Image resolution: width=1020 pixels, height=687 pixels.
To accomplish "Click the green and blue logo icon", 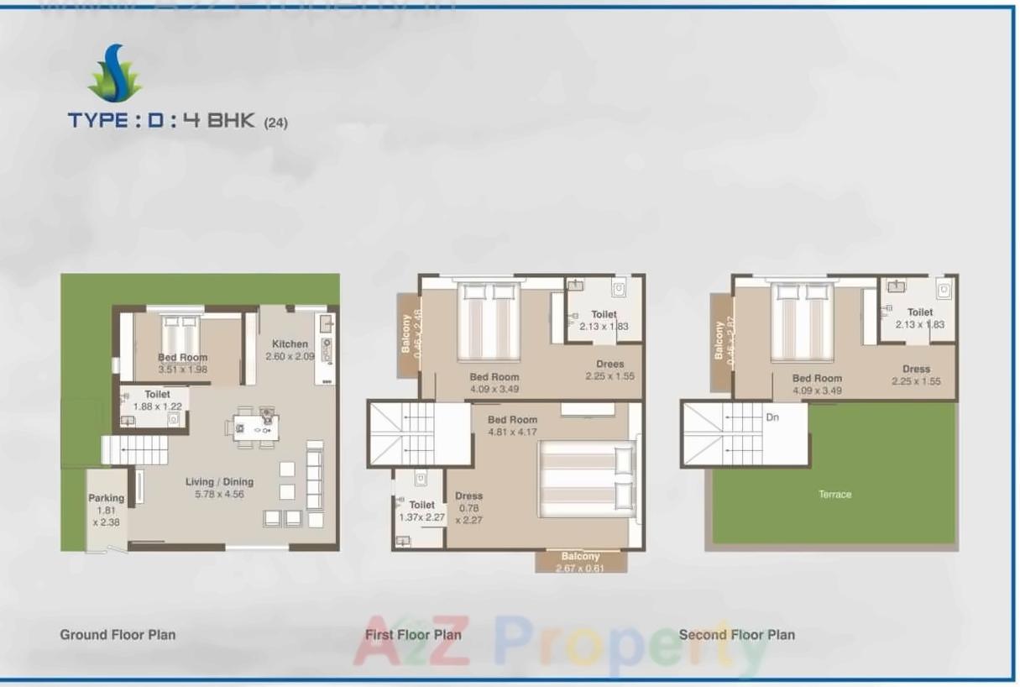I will click(115, 74).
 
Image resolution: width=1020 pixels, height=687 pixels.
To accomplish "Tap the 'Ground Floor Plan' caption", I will click(118, 635).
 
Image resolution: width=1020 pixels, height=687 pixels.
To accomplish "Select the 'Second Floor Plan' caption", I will click(736, 635).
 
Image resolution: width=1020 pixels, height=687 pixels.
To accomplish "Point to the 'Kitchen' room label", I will click(290, 343).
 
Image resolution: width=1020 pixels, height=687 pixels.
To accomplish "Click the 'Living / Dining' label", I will click(219, 482).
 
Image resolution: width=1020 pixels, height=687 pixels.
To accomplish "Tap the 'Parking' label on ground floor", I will click(106, 498).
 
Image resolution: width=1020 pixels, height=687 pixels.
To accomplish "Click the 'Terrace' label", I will click(834, 495).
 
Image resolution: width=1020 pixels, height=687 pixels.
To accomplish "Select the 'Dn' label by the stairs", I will click(772, 417).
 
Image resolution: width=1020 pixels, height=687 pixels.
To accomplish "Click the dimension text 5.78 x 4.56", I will click(219, 495).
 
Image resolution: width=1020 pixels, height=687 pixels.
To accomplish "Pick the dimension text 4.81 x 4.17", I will click(512, 433).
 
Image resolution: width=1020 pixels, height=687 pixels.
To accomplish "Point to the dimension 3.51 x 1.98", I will click(182, 370).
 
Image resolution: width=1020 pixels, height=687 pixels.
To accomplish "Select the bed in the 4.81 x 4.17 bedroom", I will click(585, 477).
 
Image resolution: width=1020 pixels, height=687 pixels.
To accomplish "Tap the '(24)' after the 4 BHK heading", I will click(275, 123).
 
